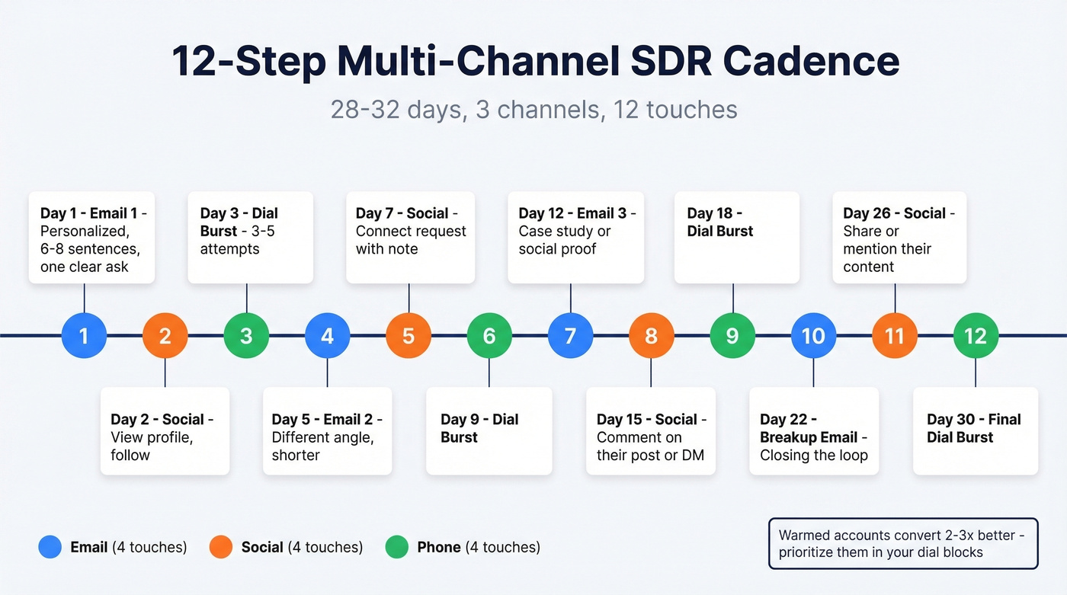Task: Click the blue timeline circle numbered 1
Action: pos(84,335)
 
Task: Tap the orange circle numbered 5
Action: pos(409,335)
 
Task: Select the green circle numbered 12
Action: pos(976,335)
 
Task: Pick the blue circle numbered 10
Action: pos(813,335)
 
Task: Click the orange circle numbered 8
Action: pos(651,335)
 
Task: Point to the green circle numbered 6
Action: pos(489,335)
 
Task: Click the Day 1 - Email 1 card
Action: pos(91,238)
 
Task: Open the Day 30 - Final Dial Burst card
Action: pos(975,430)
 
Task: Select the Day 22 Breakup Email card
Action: pos(813,430)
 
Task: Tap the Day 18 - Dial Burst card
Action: pos(736,238)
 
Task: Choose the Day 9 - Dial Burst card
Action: pos(489,430)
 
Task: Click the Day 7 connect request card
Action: pos(410,238)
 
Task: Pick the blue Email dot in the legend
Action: pos(50,547)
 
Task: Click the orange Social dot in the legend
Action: pos(220,547)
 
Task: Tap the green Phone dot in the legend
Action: pos(397,547)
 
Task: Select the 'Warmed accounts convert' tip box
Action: pos(902,543)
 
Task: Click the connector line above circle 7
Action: pos(570,298)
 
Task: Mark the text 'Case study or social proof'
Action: pos(565,240)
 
